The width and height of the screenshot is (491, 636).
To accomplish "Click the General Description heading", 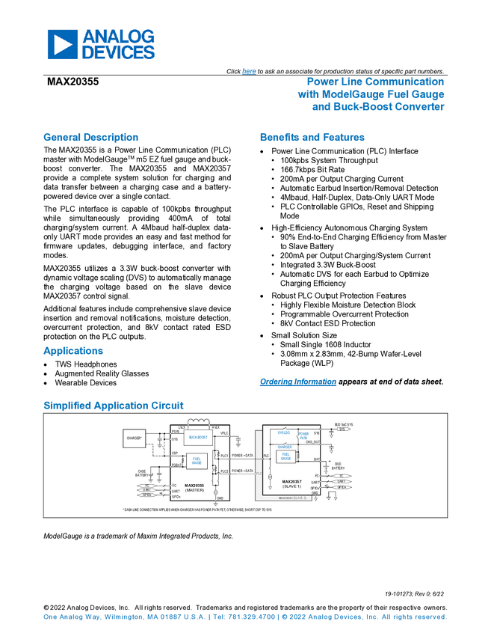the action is pyautogui.click(x=90, y=138).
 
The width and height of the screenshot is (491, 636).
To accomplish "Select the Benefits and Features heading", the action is pyautogui.click(x=312, y=138).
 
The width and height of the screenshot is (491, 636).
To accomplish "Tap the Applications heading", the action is pyautogui.click(x=73, y=351).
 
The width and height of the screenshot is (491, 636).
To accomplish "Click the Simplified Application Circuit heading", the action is pyautogui.click(x=114, y=406).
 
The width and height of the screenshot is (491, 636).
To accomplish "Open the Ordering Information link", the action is pyautogui.click(x=297, y=382).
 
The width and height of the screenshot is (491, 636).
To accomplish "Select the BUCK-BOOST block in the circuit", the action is pyautogui.click(x=198, y=436).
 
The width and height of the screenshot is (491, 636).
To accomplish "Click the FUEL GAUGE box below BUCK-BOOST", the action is pyautogui.click(x=197, y=461).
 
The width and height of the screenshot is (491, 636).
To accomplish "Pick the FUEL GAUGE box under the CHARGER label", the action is pyautogui.click(x=286, y=456).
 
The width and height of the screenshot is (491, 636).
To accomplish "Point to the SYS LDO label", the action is pyautogui.click(x=284, y=433).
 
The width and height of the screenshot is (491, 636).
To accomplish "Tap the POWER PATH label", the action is pyautogui.click(x=303, y=435).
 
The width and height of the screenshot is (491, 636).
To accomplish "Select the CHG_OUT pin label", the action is pyautogui.click(x=313, y=442).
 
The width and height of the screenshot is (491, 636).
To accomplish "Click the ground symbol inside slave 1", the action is pyautogui.click(x=269, y=487).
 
